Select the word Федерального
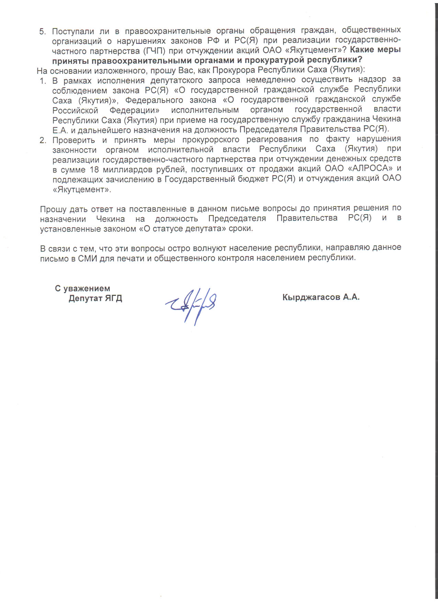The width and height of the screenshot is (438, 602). [x=154, y=100]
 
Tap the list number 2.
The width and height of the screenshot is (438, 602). [x=43, y=140]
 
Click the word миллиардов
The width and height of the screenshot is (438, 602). [x=129, y=170]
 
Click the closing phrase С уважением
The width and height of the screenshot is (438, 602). [x=82, y=288]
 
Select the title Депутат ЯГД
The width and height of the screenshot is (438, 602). [x=95, y=298]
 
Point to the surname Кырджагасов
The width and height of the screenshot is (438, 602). [x=311, y=297]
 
